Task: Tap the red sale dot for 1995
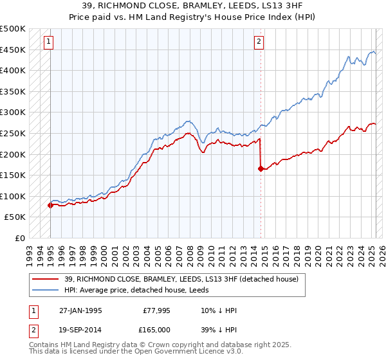click(50, 205)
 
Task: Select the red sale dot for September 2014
click(261, 169)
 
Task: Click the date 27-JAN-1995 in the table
click(80, 310)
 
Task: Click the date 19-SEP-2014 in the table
click(80, 329)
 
